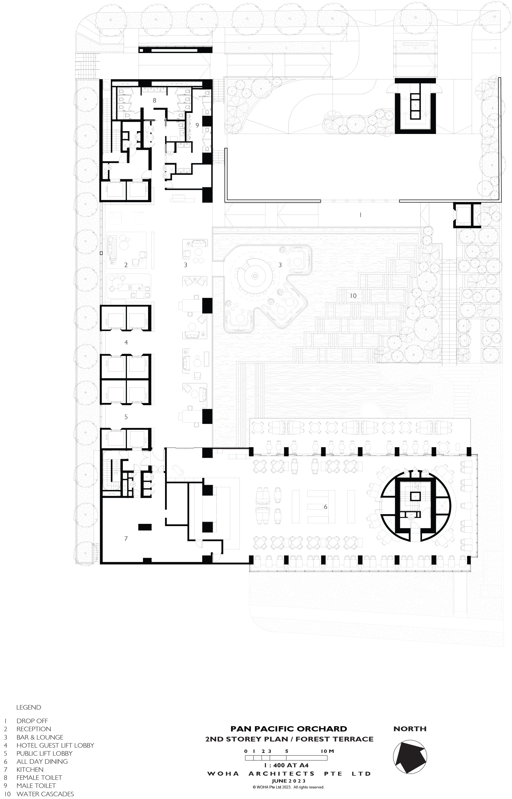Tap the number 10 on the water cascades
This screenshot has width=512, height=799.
pos(353,296)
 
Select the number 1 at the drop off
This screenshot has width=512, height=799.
pos(360,215)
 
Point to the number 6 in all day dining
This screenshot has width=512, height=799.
pos(326,507)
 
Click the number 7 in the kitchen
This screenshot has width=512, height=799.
pos(126,538)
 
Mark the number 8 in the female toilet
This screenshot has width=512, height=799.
pos(154,100)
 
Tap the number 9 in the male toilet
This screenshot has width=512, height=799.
pos(197,125)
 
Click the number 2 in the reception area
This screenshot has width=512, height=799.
pos(126,265)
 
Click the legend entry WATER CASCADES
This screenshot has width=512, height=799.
pos(45,794)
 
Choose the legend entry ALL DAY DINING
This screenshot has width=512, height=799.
pos(42,761)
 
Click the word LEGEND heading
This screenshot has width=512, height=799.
pos(29,707)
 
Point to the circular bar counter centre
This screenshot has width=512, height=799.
pos(255,276)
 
